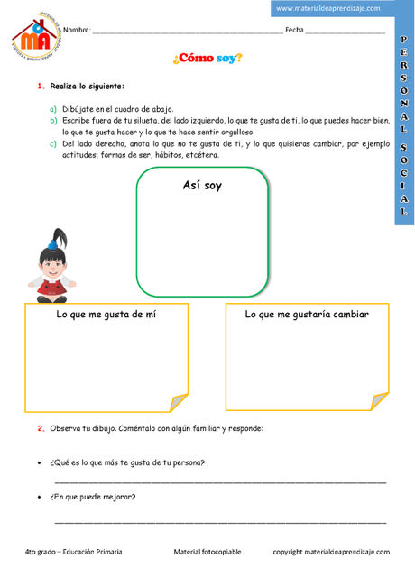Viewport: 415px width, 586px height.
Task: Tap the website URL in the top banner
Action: click(327, 8)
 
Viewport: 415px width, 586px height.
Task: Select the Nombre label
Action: click(77, 31)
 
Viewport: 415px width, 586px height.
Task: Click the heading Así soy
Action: click(201, 186)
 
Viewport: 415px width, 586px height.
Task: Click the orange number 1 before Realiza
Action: click(41, 87)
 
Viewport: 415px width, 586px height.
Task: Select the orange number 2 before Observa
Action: click(41, 428)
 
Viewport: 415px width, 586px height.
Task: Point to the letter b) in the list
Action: click(53, 119)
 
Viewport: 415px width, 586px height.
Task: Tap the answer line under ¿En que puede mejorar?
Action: click(220, 522)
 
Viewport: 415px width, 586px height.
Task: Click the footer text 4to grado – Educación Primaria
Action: click(74, 551)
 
